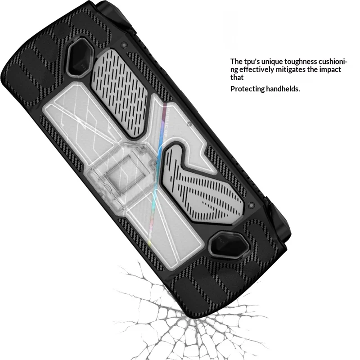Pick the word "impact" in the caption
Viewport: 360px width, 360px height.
point(329,69)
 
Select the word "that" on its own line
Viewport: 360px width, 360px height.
point(237,77)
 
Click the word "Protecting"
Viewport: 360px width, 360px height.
point(247,89)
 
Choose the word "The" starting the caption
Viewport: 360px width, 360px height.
point(237,61)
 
